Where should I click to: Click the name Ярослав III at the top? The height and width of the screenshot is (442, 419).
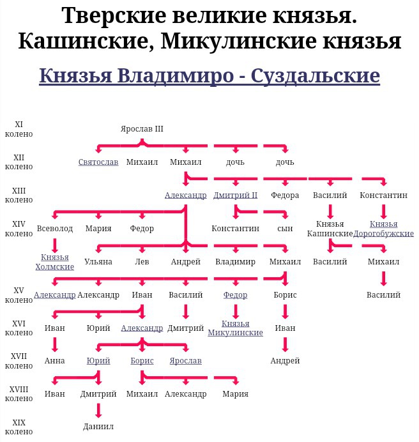pos(142,129)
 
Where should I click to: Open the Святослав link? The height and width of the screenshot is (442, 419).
pos(98,162)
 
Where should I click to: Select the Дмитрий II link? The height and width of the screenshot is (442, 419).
pos(235,195)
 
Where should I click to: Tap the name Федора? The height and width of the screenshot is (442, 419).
pos(285,195)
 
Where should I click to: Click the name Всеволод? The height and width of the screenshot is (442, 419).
pos(55,228)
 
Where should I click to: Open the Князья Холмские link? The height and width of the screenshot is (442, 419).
pos(55,262)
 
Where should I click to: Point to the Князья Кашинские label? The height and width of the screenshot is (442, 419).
pos(330,229)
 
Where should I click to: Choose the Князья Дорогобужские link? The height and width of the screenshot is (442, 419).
pos(383,229)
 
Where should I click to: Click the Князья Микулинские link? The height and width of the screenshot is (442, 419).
pos(236,328)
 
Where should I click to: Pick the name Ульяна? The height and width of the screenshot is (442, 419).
pos(98,262)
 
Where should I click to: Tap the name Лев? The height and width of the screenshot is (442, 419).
pos(142,262)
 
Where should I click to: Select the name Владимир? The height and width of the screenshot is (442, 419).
pos(235,262)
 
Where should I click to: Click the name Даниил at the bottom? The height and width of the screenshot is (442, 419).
pos(98,427)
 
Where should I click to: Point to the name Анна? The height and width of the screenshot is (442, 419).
pos(55,361)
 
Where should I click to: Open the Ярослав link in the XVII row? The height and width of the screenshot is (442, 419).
pos(185,361)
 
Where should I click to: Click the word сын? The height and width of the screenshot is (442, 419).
pos(285,228)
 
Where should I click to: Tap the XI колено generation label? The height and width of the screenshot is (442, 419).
pos(19,129)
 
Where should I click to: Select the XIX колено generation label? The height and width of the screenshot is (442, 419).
pos(19,427)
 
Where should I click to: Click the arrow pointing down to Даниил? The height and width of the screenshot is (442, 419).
pos(98,411)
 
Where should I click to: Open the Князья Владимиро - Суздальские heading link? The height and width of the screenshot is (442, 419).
pos(209,75)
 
